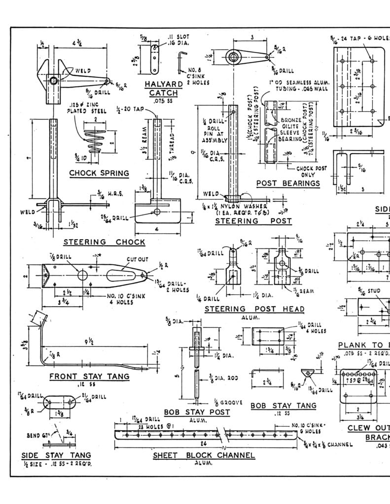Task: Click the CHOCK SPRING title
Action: coord(99,173)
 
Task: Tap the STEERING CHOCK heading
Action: coord(104,242)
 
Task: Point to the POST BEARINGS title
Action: coord(288,184)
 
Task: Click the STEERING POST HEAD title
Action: coord(254,309)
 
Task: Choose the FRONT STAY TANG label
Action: coord(89,377)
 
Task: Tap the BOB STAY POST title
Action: coord(197,411)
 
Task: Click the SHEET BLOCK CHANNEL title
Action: coord(204,455)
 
